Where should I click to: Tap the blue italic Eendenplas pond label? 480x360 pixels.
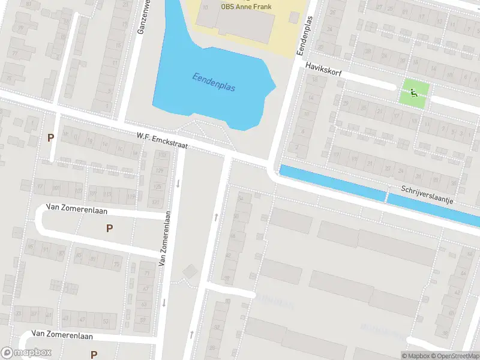point(214,82)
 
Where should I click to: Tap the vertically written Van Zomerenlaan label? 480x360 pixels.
point(165,241)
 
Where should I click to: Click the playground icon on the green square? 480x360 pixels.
point(415,93)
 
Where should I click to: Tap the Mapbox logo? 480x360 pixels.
point(26,353)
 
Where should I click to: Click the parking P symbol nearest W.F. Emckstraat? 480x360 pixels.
point(51,137)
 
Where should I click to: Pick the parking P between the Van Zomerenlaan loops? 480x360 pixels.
point(109,228)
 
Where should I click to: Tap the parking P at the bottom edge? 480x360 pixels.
point(94,354)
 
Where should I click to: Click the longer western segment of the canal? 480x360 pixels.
point(332,182)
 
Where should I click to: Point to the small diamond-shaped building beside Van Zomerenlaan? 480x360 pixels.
point(190,272)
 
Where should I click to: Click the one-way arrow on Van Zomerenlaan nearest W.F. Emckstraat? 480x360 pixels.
point(178,183)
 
